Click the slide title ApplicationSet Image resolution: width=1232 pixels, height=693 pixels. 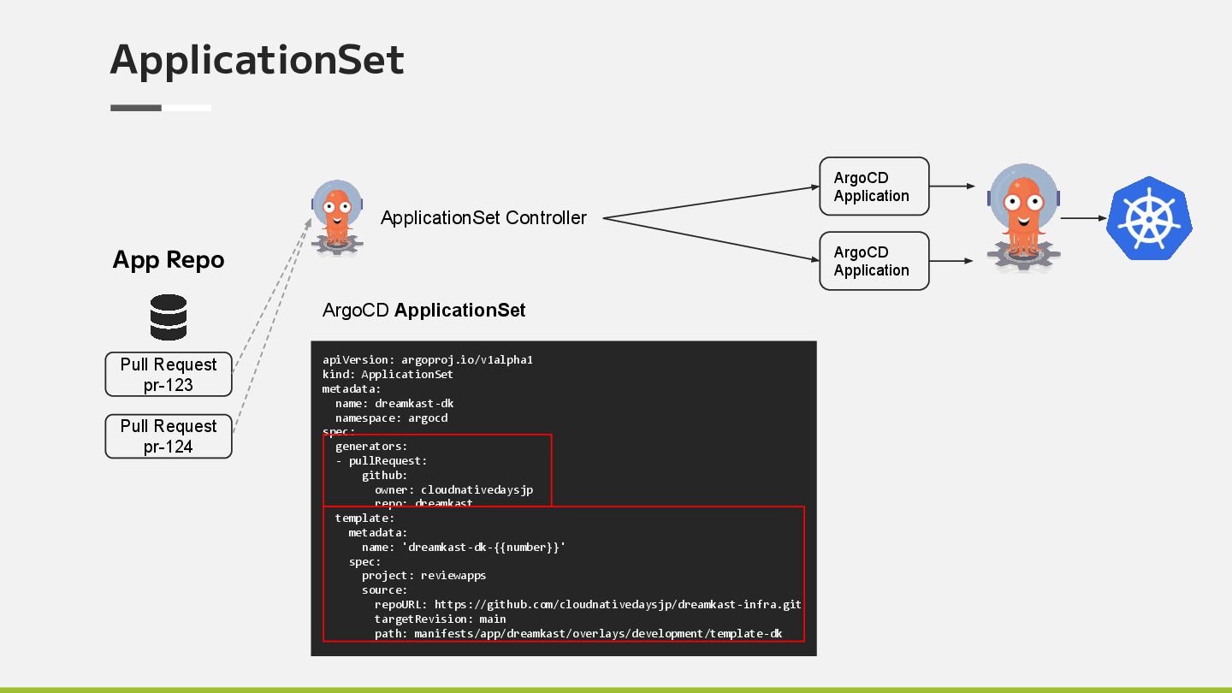click(x=257, y=60)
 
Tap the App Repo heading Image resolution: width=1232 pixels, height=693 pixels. click(x=169, y=260)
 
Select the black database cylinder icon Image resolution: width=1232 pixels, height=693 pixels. click(x=169, y=317)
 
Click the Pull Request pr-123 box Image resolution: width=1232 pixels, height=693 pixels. click(x=169, y=375)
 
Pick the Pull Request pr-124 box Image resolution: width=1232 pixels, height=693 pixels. click(x=169, y=436)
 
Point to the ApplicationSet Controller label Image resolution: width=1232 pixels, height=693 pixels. click(x=483, y=218)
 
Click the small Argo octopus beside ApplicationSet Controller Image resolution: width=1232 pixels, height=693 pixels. click(x=337, y=217)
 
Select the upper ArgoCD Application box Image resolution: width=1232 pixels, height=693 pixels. click(x=874, y=187)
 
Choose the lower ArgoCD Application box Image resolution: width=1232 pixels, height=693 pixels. click(x=874, y=261)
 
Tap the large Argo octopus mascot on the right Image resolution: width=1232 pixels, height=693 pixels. click(x=1023, y=217)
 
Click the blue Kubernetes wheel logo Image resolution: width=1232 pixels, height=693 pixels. click(x=1148, y=218)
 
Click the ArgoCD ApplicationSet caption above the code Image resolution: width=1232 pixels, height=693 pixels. click(x=423, y=311)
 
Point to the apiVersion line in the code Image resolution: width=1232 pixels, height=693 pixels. click(x=428, y=360)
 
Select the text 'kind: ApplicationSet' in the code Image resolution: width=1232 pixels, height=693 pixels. click(x=388, y=374)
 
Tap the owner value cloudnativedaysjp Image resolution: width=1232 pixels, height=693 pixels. click(x=477, y=489)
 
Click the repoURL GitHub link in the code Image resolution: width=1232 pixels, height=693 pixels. click(x=617, y=604)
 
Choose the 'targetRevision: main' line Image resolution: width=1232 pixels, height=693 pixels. click(x=440, y=619)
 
